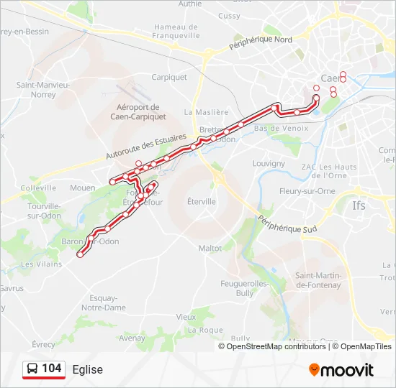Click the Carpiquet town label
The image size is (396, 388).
point(169,77)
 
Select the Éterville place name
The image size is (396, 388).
point(201,202)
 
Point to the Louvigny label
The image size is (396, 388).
point(269,163)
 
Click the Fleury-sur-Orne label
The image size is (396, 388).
point(303,192)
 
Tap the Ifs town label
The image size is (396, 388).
point(359,205)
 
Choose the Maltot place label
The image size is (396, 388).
point(210,248)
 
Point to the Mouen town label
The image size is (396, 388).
point(82,188)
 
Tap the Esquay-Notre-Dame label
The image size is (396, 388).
point(104,302)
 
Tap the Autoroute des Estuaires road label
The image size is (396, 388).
point(145,147)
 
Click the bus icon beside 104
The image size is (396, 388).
point(32,369)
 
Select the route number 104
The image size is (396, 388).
point(52,369)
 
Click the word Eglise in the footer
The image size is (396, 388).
point(87,369)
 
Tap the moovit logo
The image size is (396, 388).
point(341,370)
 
